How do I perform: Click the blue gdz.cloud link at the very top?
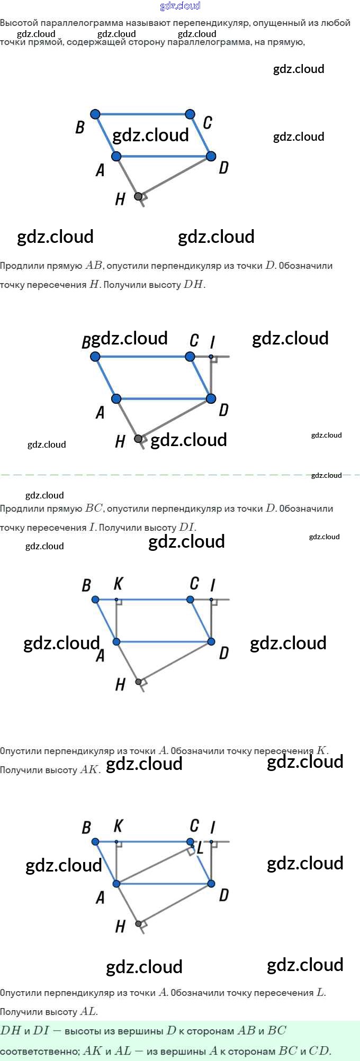coord(180,6)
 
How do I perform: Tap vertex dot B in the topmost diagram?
coord(95,114)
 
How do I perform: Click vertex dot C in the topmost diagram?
coord(190,114)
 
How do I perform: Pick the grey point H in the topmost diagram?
coord(138,196)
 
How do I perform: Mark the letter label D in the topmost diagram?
coord(224,168)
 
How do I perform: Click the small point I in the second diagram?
coord(211,357)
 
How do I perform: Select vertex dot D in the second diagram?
coord(211,398)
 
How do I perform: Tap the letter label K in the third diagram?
coord(118,584)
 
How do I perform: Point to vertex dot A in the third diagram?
coord(116,642)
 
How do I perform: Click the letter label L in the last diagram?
coord(200,848)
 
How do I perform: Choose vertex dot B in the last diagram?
coord(95,841)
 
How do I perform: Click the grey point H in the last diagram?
coord(138,924)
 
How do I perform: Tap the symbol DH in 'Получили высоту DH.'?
coord(193,284)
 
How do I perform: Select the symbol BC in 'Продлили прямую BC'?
coord(94,508)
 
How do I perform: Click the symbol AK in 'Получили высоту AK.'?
coord(89,769)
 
